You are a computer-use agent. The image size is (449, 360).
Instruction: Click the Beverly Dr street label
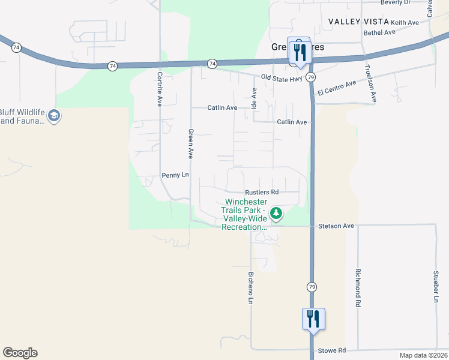click(412, 2)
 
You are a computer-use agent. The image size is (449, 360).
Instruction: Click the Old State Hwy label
click(282, 77)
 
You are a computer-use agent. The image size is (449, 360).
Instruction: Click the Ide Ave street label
click(254, 98)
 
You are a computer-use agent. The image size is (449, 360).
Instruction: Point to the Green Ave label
click(190, 143)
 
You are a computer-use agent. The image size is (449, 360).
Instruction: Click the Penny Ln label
click(175, 175)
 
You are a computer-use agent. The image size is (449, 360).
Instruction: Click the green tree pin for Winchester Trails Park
click(276, 213)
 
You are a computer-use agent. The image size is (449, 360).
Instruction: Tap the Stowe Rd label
click(333, 350)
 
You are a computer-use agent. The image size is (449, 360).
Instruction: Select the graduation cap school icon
click(54, 116)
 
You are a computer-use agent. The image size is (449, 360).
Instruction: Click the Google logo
click(20, 353)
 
